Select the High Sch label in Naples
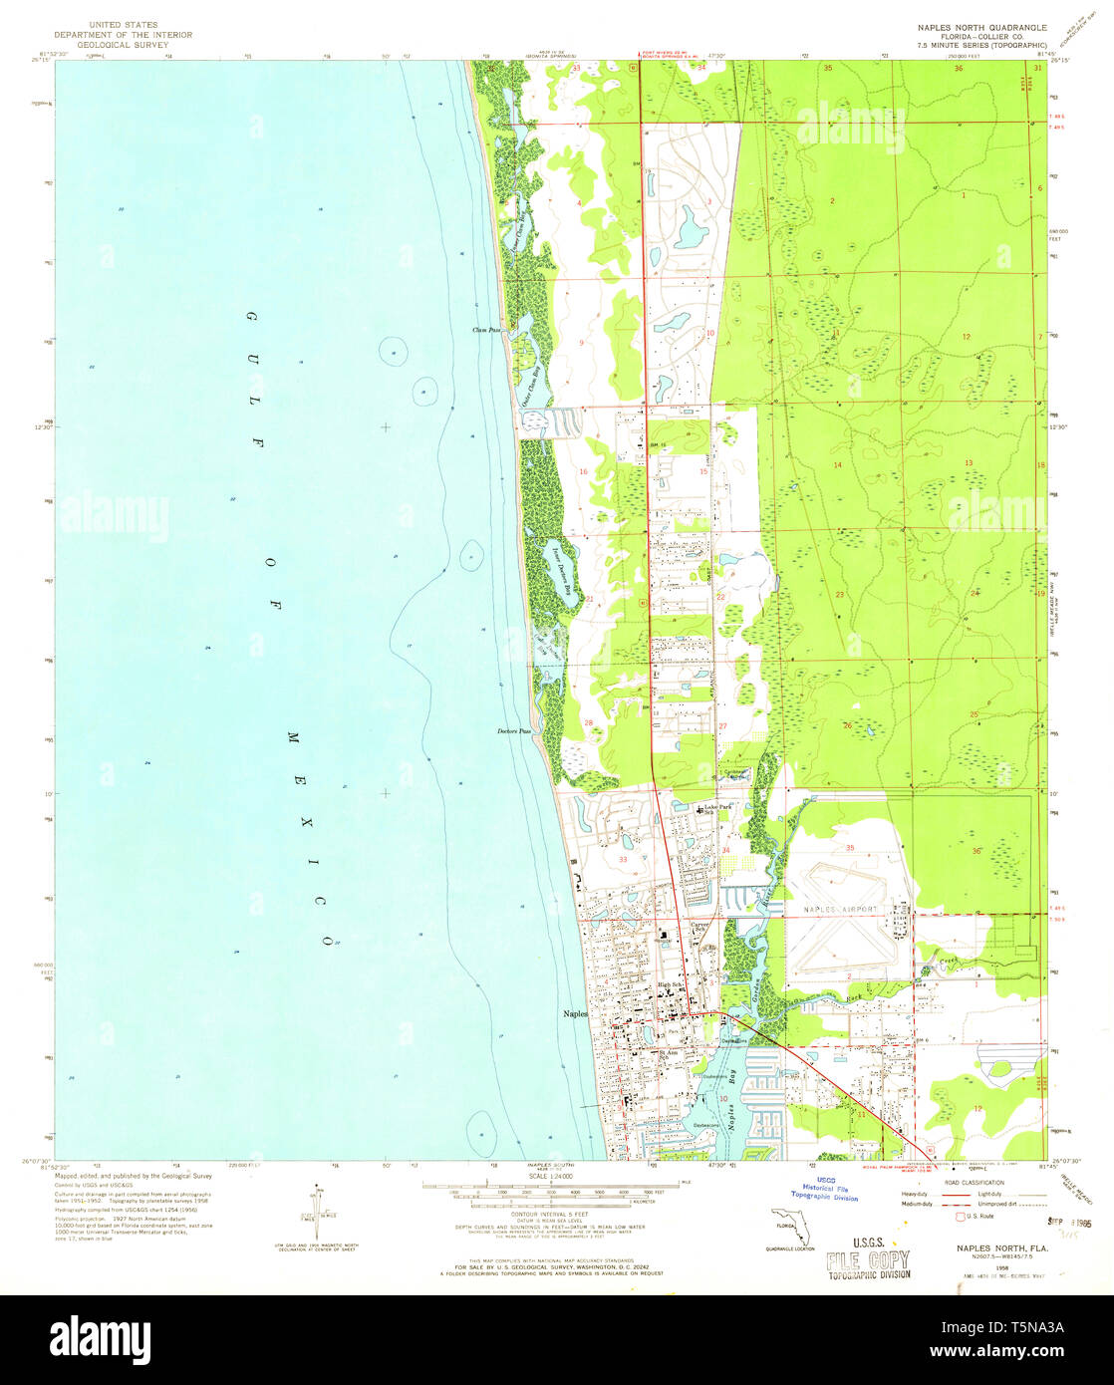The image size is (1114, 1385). click(668, 985)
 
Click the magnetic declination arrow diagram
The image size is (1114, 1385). click(317, 1205)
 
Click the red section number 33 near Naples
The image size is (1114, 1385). click(624, 858)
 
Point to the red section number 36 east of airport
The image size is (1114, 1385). click(975, 851)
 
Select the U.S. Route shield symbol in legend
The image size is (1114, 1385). click(961, 1216)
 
